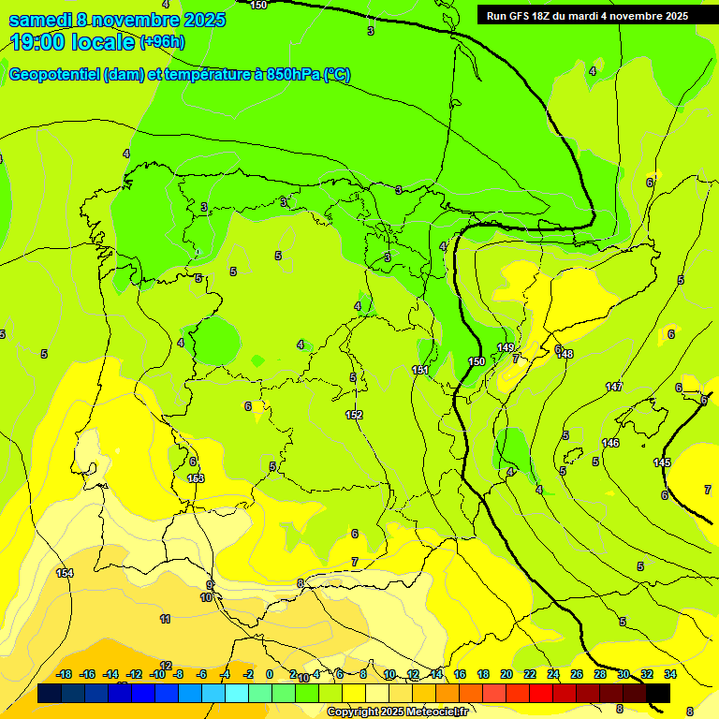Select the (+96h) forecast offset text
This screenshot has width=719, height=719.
point(162,42)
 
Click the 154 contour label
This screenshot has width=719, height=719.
point(65,573)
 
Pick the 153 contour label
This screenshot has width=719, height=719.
point(196,478)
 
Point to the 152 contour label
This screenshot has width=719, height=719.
point(354,415)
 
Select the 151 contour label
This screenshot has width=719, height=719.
point(420,371)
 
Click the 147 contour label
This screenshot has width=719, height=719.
point(614,387)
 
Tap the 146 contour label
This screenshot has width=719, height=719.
point(610,443)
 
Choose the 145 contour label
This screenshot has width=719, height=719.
point(662,463)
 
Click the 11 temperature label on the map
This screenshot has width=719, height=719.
point(165,619)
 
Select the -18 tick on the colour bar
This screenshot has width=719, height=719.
point(65,674)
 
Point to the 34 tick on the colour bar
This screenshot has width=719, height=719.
point(670,674)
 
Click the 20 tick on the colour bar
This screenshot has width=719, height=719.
point(506,674)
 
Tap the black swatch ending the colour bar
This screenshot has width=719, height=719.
point(658,693)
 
